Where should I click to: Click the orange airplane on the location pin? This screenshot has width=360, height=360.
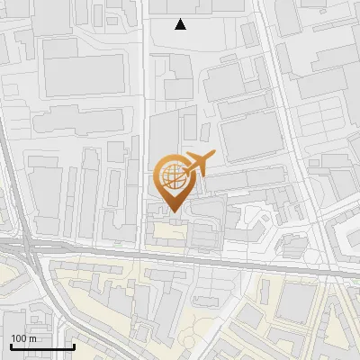(x=198, y=164)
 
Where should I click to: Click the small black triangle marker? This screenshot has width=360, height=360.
(x=181, y=24)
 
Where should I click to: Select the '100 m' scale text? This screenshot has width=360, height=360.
(x=24, y=338)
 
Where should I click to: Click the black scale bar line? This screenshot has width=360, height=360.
(x=42, y=346)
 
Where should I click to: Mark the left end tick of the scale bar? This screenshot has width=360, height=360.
(x=11, y=346)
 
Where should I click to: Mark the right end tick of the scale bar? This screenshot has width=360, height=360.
(x=74, y=346)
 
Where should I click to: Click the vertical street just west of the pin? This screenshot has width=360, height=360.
(x=145, y=180)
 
